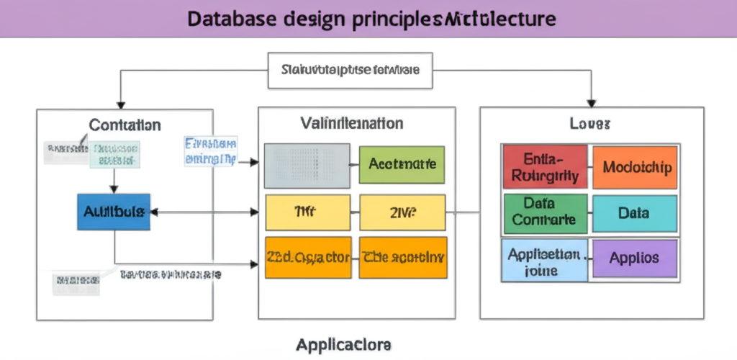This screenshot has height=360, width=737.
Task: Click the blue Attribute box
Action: pos(114,212)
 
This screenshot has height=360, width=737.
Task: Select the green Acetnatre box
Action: pos(402,164)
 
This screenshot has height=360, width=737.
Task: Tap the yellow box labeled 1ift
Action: pos(308,212)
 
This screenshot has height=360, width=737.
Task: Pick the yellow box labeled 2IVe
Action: pos(402,212)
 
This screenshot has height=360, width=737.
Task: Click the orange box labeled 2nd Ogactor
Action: pos(308,257)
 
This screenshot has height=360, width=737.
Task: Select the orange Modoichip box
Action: pos(634,167)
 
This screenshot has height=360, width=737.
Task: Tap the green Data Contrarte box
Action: pos(546,213)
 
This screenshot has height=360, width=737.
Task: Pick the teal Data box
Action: pos(634,213)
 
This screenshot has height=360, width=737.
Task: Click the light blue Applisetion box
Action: pos(545,259)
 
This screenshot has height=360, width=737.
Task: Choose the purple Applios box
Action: pos(634,258)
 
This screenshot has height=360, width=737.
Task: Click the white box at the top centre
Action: pos(351,71)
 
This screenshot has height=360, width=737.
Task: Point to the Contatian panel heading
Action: pos(125,125)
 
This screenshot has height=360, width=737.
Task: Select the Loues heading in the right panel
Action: pos(590,124)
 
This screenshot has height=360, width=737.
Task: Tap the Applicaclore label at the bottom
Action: pos(344,345)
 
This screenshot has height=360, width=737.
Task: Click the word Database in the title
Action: pos(232,19)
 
